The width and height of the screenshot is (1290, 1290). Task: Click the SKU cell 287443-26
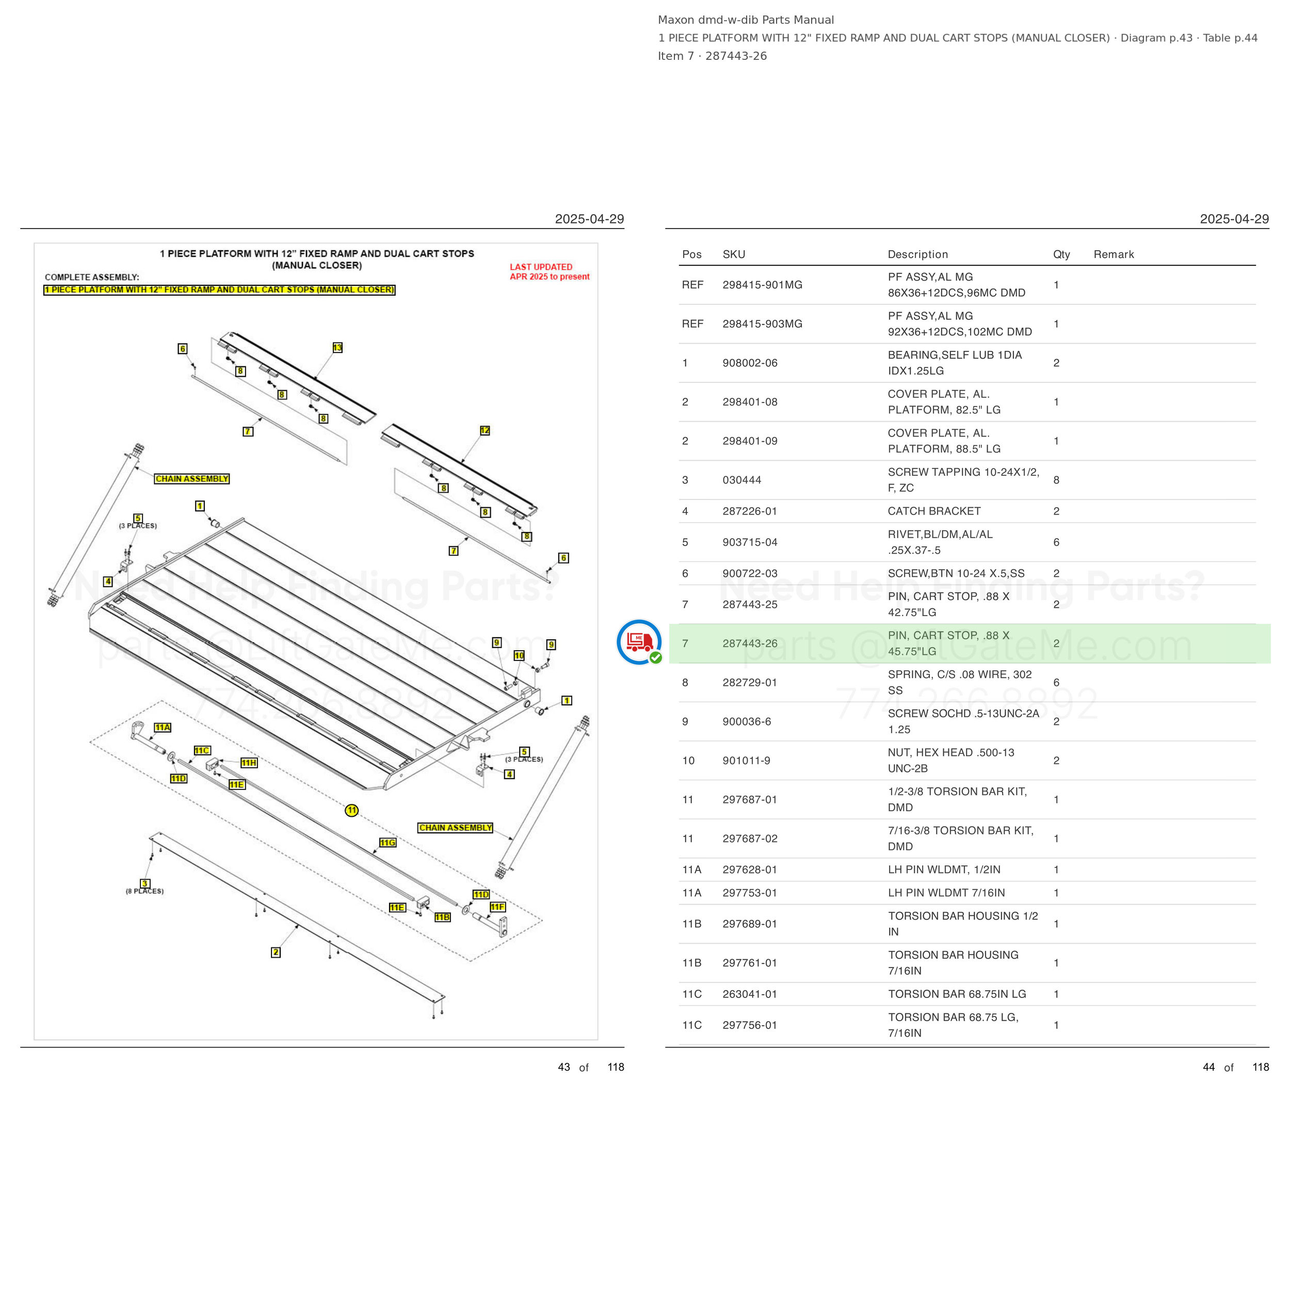(x=750, y=643)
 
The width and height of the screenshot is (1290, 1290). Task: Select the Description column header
(x=917, y=254)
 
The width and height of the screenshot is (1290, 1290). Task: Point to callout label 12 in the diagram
(x=485, y=431)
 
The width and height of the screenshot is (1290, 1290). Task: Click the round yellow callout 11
(x=352, y=810)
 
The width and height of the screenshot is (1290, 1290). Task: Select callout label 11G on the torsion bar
(x=388, y=843)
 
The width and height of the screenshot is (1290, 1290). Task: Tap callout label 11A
(x=162, y=727)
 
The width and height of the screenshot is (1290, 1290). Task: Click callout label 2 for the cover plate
(x=276, y=952)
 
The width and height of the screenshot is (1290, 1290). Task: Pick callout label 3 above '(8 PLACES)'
(x=145, y=883)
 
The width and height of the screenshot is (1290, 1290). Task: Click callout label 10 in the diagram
(x=519, y=656)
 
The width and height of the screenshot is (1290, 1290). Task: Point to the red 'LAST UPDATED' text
(x=541, y=267)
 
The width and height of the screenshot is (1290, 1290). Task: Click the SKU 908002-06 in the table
(x=750, y=363)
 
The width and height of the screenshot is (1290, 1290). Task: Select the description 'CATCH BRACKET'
(x=934, y=511)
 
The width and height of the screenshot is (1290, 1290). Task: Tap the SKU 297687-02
(x=750, y=838)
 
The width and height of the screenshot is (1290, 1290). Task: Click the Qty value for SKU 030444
(x=1056, y=480)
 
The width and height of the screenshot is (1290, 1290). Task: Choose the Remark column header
(x=1114, y=254)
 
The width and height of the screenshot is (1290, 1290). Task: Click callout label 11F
(x=497, y=907)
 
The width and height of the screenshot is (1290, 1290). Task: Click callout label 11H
(x=249, y=763)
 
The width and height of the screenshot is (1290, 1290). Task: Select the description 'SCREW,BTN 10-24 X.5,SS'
(x=956, y=573)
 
